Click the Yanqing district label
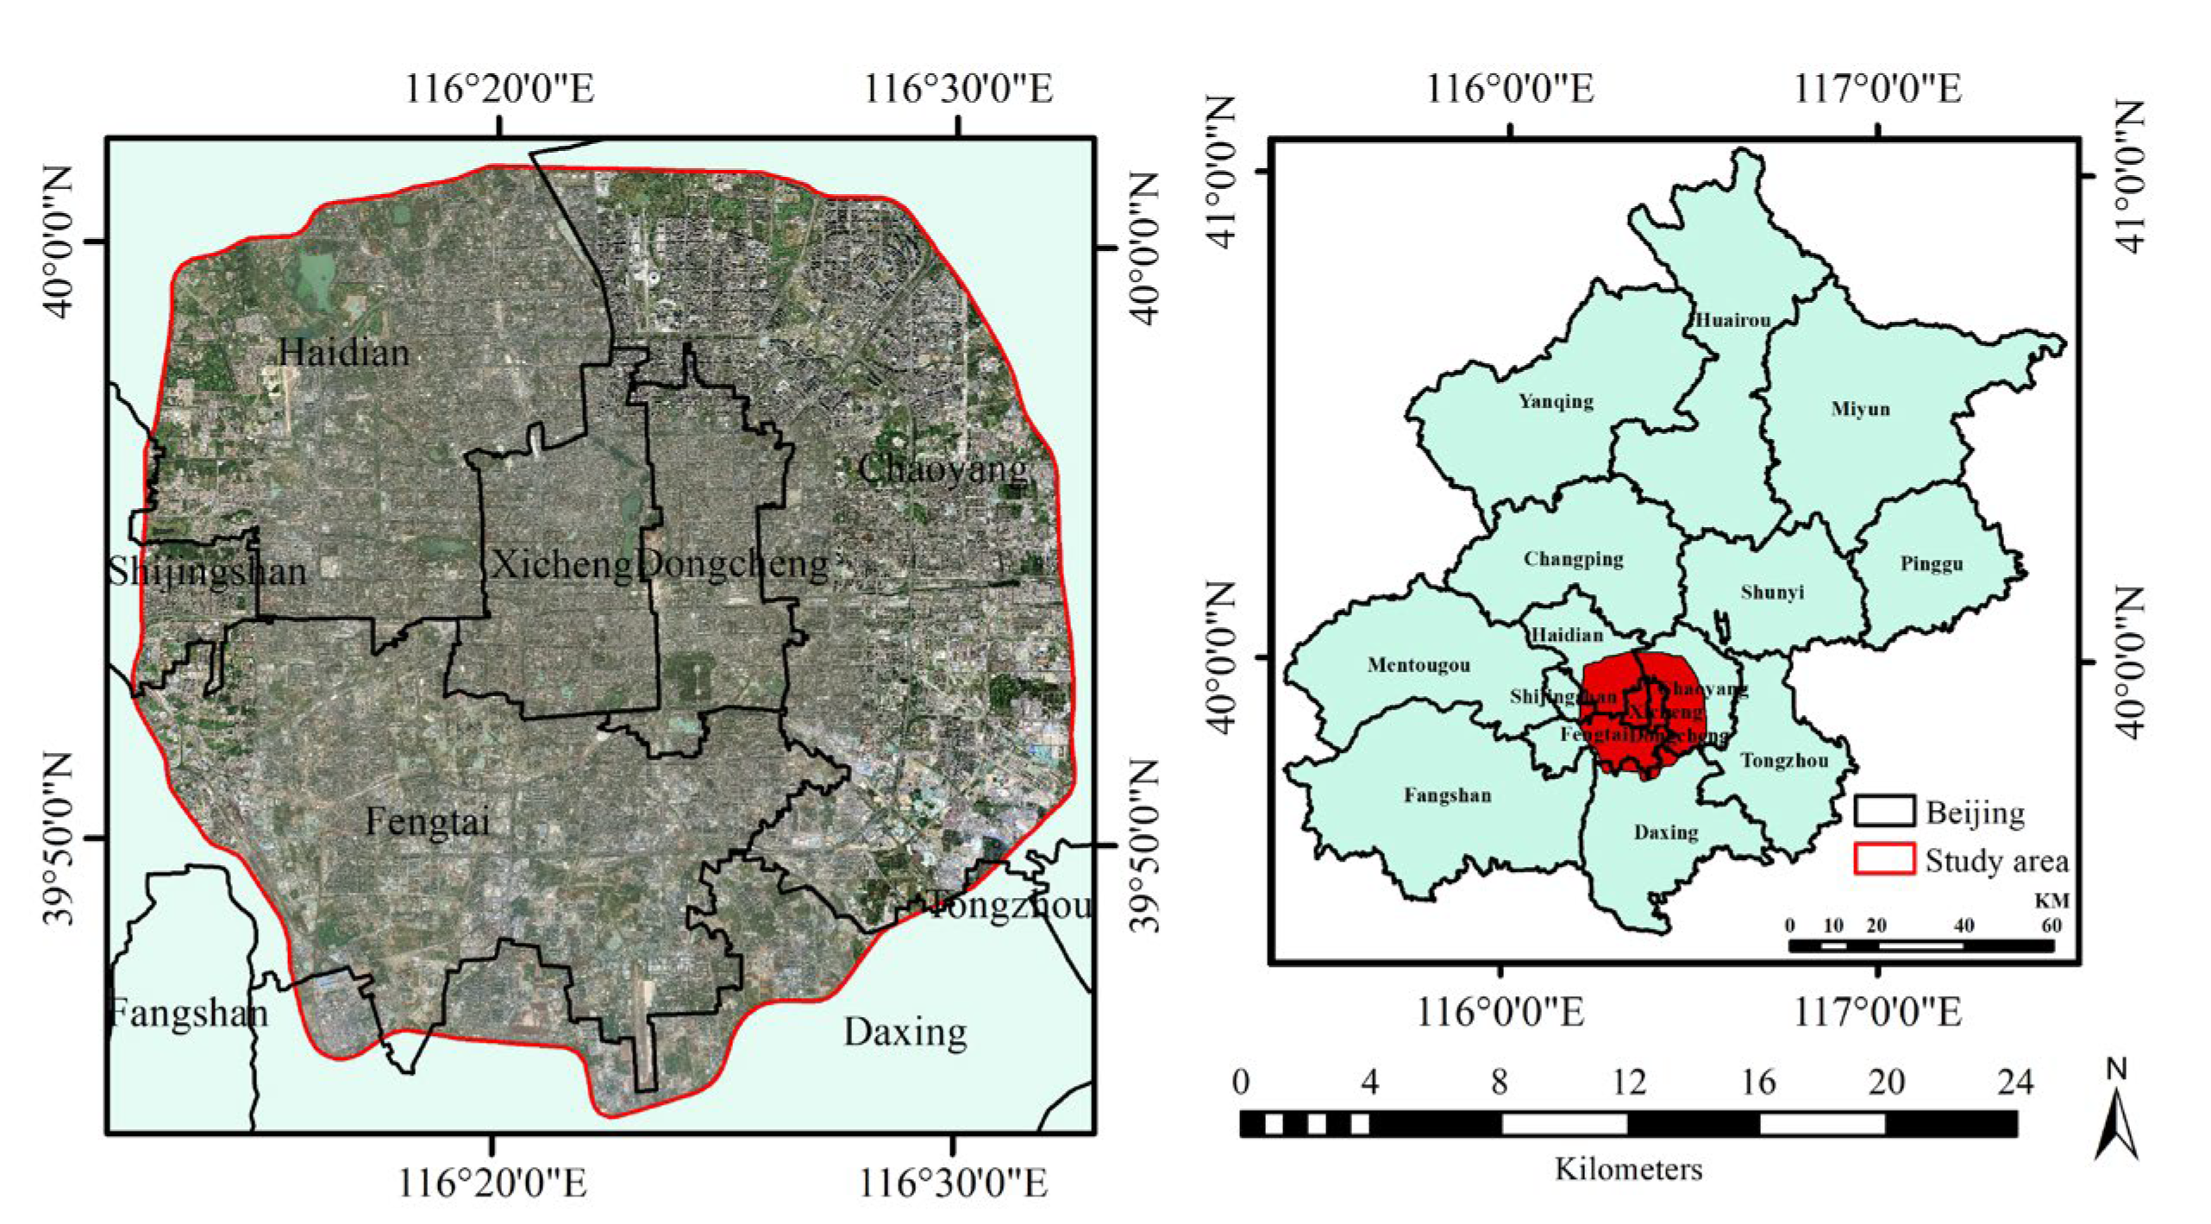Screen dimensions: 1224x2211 [x=1556, y=401]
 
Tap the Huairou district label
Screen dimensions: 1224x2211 [x=1733, y=320]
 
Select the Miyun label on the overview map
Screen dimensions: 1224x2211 [x=1860, y=409]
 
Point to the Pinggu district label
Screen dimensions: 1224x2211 [x=1932, y=564]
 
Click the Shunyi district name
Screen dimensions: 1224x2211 [x=1772, y=592]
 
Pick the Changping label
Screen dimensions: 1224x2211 [x=1573, y=559]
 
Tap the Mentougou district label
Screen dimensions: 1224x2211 [x=1419, y=665]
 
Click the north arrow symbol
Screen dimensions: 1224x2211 [x=2116, y=1121]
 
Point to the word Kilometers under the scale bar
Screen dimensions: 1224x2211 [x=1628, y=1170]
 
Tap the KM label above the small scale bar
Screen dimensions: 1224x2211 [x=2051, y=901]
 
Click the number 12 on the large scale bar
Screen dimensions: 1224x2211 [x=1628, y=1082]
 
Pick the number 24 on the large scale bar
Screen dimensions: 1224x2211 [x=2015, y=1082]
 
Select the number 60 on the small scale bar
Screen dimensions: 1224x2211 [x=2051, y=926]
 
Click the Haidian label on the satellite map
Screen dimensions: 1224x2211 [x=343, y=353]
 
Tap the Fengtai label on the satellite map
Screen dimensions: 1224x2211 [x=427, y=821]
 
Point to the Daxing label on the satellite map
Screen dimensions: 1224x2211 [x=905, y=1032]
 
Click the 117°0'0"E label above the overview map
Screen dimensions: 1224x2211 [x=1878, y=89]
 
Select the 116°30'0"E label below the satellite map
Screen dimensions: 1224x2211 [x=953, y=1183]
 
